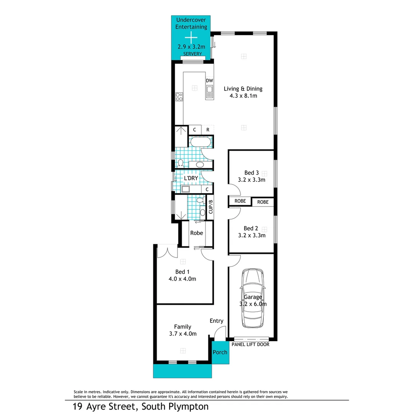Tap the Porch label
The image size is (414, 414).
tap(220, 352)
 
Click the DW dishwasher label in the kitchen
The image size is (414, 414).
tap(209, 80)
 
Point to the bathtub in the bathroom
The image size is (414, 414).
tap(199, 142)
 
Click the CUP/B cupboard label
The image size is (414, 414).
tap(210, 207)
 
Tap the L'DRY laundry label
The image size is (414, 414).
tap(191, 179)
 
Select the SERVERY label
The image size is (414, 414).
tap(192, 54)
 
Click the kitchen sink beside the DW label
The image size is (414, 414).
tap(209, 92)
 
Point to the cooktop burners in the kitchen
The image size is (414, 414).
tap(179, 97)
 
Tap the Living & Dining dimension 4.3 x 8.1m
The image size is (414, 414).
tap(243, 96)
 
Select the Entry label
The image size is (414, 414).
tap(216, 321)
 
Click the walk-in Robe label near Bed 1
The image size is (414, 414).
tap(197, 233)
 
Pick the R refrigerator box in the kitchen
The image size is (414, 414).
tap(208, 130)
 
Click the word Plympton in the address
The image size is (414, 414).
tap(189, 406)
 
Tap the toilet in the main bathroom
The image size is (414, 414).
tap(180, 163)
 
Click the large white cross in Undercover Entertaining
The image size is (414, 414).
tap(191, 38)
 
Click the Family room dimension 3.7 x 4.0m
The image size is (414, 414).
tap(183, 334)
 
